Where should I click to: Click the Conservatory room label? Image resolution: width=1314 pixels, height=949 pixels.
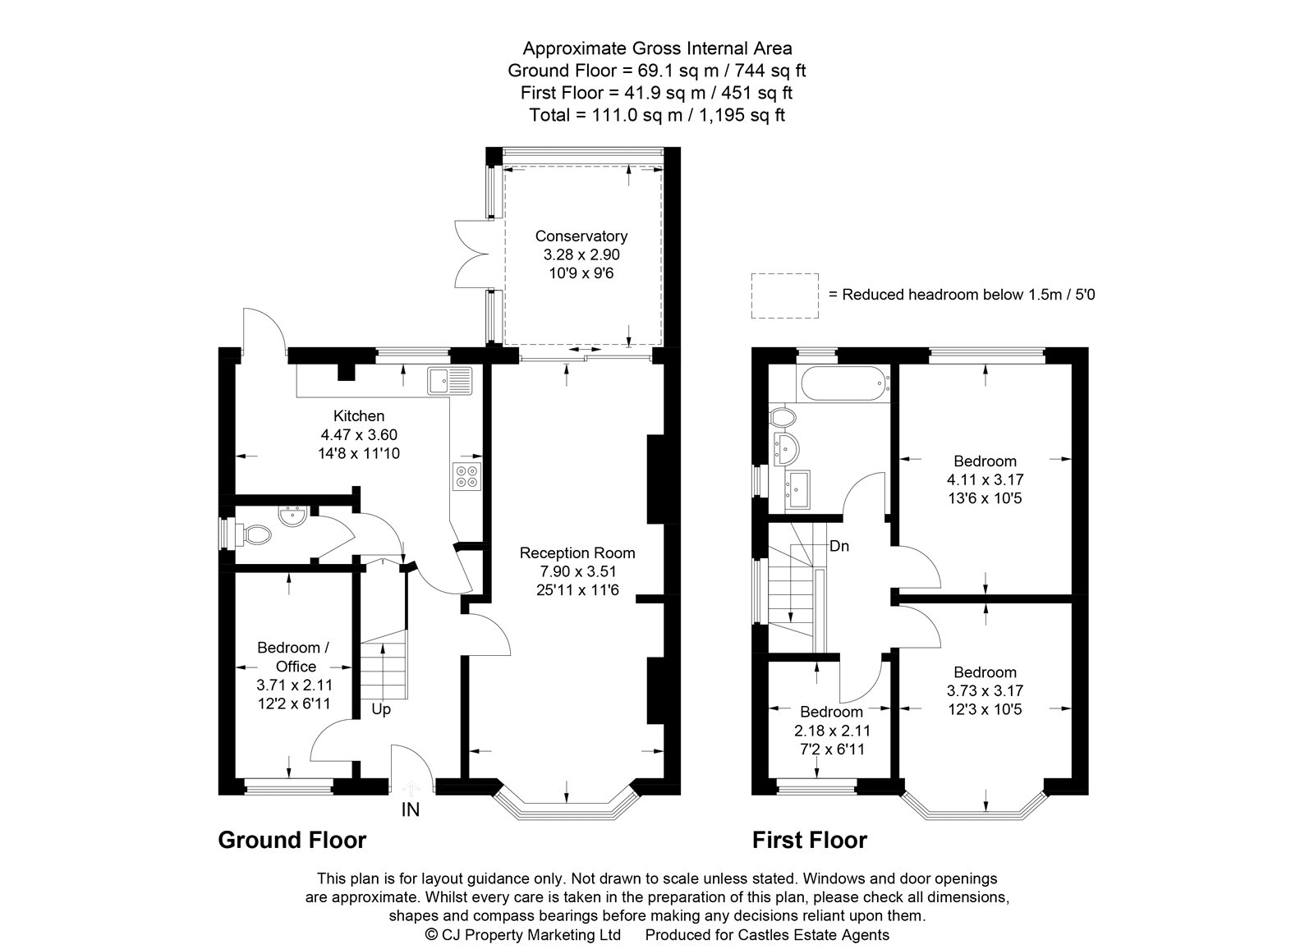[581, 236]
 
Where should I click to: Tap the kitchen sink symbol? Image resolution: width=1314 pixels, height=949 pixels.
[449, 381]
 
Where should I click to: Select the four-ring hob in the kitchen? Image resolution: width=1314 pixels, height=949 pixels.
[466, 476]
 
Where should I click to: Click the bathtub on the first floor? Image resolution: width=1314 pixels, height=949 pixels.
[843, 384]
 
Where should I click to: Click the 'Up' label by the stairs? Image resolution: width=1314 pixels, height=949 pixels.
[381, 708]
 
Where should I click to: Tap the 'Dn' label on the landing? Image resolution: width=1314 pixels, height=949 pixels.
[839, 546]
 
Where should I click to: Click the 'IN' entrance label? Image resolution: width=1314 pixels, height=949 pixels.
[410, 810]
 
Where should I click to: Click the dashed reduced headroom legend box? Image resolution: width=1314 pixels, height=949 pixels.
[785, 296]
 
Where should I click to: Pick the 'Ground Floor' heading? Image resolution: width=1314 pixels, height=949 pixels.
[292, 840]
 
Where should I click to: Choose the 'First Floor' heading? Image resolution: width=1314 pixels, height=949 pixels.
[809, 840]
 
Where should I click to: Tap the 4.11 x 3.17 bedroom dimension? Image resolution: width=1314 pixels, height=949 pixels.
[985, 479]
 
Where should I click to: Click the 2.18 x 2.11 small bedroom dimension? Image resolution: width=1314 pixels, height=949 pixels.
[832, 731]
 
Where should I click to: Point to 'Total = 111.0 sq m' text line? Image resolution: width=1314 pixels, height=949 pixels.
[657, 115]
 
